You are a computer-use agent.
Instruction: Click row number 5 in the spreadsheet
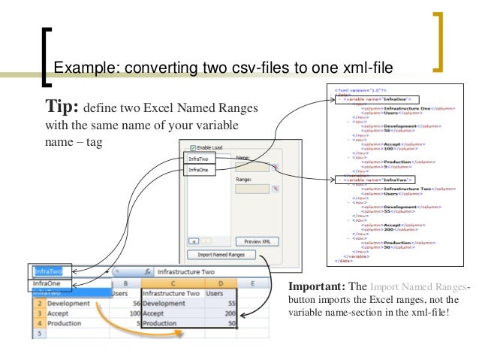(38, 334)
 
